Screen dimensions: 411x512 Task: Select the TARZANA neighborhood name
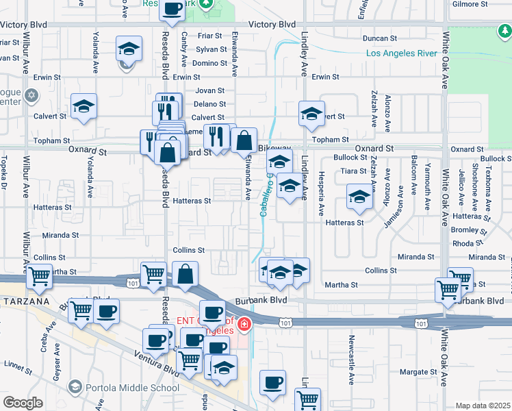point(26,301)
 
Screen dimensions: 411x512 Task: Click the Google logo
point(23,403)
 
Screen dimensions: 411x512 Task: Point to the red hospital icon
point(244,323)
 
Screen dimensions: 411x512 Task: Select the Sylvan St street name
point(211,49)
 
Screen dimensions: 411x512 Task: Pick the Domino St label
point(209,63)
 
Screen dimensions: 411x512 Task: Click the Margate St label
point(419,372)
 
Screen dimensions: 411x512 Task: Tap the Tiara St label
point(354,171)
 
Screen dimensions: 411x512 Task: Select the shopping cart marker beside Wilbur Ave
point(40,277)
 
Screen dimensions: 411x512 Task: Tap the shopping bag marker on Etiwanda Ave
point(244,141)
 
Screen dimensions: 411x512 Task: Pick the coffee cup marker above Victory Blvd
point(172,10)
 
